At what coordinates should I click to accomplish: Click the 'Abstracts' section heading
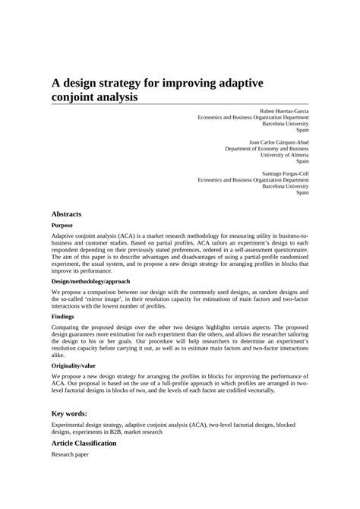point(66,214)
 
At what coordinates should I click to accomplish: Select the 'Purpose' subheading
point(62,226)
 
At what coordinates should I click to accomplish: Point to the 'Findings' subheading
point(62,316)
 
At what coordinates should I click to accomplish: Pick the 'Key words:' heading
point(69,413)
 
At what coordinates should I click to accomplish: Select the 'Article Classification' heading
point(84,442)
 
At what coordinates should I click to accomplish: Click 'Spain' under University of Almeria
point(302,161)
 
